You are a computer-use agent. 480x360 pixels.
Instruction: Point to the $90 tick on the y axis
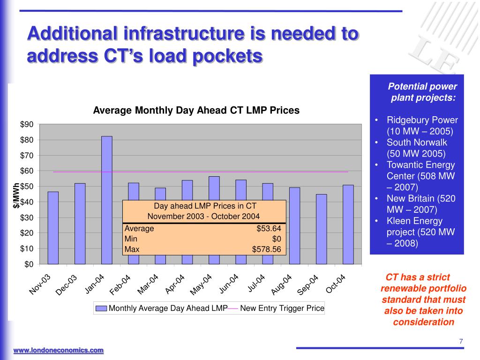pyautogui.click(x=27, y=125)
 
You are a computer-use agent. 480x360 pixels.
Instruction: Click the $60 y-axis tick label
pyautogui.click(x=27, y=171)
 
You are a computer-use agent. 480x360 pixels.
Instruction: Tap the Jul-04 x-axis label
pyautogui.click(x=256, y=284)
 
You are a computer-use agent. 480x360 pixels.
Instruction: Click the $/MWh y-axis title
pyautogui.click(x=16, y=195)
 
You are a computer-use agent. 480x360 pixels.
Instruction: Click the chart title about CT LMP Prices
pyautogui.click(x=196, y=111)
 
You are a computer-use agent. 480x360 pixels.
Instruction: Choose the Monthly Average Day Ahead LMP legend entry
pyautogui.click(x=162, y=308)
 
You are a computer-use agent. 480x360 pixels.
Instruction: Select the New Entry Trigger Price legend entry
pyautogui.click(x=282, y=308)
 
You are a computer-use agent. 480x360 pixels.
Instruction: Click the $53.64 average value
pyautogui.click(x=269, y=229)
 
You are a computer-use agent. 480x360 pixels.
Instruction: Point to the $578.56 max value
pyautogui.click(x=266, y=249)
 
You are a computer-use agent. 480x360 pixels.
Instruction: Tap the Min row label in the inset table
pyautogui.click(x=131, y=239)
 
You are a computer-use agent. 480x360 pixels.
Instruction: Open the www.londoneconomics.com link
pyautogui.click(x=58, y=350)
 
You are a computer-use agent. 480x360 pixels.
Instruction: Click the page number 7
pyautogui.click(x=461, y=341)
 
